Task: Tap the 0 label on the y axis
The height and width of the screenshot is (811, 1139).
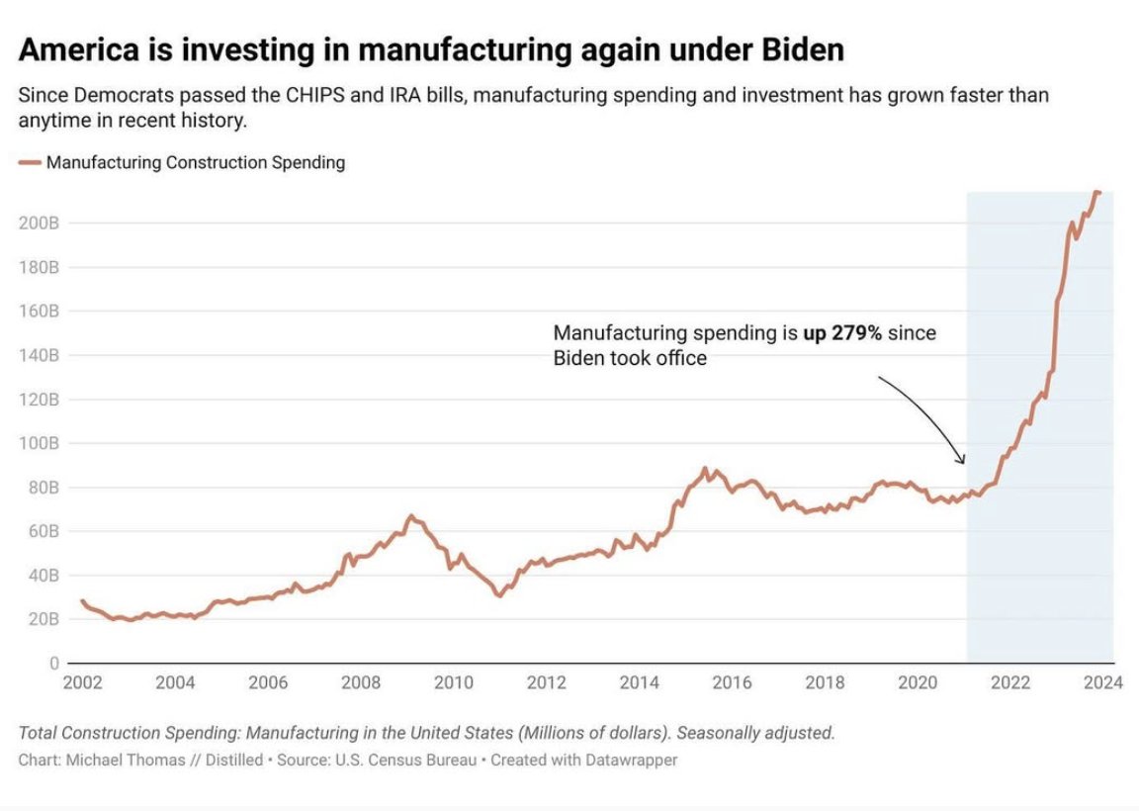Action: pyautogui.click(x=54, y=663)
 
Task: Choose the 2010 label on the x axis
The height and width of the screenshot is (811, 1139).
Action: pyautogui.click(x=454, y=682)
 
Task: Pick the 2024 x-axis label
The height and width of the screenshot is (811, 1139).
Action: pyautogui.click(x=1104, y=682)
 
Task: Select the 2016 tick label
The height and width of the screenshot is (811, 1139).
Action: pyautogui.click(x=733, y=682)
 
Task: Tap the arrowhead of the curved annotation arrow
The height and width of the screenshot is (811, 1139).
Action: pyautogui.click(x=961, y=460)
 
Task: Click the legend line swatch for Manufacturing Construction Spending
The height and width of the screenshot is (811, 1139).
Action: pyautogui.click(x=30, y=162)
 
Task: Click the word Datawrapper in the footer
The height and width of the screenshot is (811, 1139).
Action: pyautogui.click(x=630, y=761)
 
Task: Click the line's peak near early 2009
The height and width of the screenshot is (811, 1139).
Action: pyautogui.click(x=410, y=515)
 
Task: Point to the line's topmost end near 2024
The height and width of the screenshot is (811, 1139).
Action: pyautogui.click(x=1097, y=191)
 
